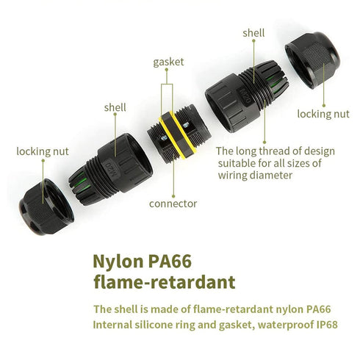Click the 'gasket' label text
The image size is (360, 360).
(x=168, y=62)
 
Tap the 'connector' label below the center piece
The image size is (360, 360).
(x=173, y=204)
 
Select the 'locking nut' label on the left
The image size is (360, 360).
(x=43, y=151)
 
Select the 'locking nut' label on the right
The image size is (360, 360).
(x=323, y=114)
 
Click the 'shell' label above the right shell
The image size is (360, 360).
(x=253, y=33)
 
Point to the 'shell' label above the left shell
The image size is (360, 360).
(x=115, y=107)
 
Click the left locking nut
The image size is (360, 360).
(x=46, y=207)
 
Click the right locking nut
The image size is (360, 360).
(x=312, y=60)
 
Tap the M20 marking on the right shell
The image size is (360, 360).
(x=246, y=96)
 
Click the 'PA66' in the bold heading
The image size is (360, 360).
(x=170, y=262)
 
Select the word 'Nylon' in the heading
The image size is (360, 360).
(x=118, y=262)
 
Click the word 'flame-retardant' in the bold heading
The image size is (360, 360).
(x=165, y=282)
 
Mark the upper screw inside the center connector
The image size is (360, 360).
(x=186, y=125)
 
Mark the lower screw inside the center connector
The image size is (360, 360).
(x=164, y=139)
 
